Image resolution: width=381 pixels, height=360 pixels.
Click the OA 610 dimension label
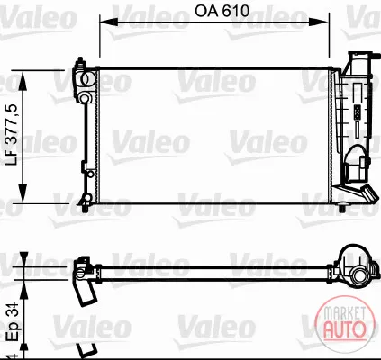222,11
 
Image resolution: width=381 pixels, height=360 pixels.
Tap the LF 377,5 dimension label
14,135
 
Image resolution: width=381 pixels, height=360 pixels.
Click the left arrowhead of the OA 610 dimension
109,22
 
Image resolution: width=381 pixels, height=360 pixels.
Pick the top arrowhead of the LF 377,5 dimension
23,81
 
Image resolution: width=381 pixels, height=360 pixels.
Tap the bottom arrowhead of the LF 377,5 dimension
23,193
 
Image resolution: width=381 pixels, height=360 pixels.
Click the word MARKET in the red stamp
344,313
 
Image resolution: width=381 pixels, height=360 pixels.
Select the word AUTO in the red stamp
344,328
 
